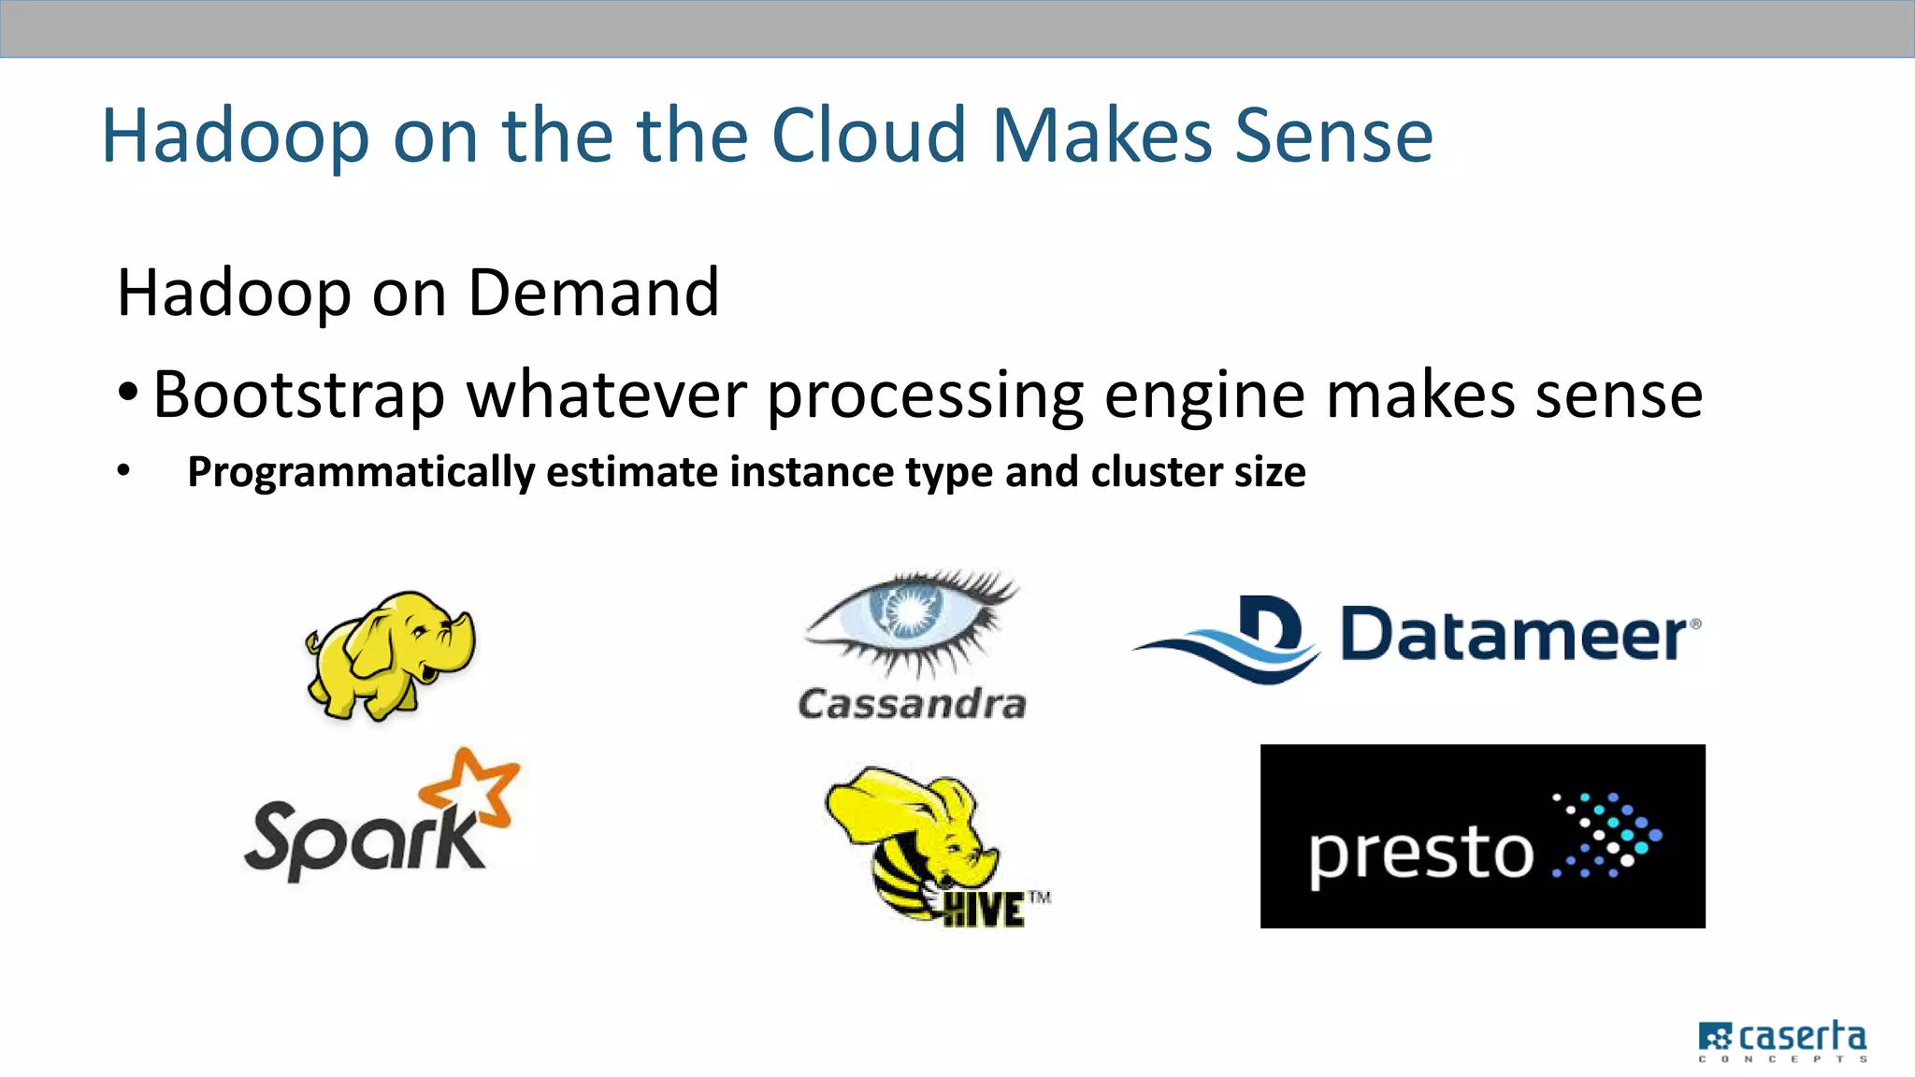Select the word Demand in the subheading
pos(594,293)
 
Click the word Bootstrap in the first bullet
pos(298,395)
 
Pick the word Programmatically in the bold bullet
pos(360,471)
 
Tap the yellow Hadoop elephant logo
pos(391,654)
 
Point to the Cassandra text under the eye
pos(912,704)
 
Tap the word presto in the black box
pos(1420,853)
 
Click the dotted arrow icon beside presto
pos(1606,835)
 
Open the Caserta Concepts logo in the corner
pos(1782,1041)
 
